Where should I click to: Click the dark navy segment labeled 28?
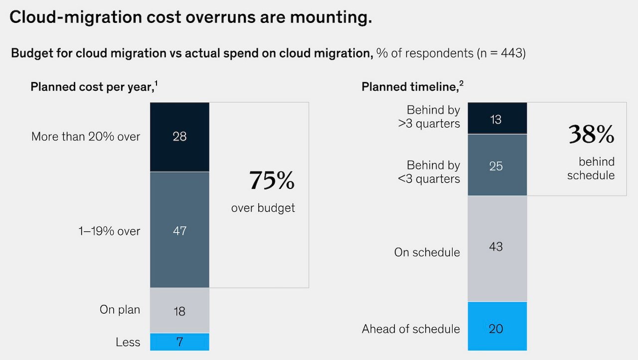click(179, 137)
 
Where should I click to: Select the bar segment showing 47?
click(179, 230)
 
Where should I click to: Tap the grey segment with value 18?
click(179, 311)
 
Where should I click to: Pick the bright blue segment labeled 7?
click(179, 342)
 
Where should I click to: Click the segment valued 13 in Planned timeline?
click(496, 119)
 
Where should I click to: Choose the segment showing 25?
click(496, 165)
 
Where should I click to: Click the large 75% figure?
click(272, 180)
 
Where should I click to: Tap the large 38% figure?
click(591, 134)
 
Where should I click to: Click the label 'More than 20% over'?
click(86, 137)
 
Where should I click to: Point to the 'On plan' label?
click(120, 309)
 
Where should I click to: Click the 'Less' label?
click(128, 342)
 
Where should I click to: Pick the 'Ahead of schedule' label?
click(411, 329)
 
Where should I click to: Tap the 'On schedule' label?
click(427, 252)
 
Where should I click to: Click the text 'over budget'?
click(263, 208)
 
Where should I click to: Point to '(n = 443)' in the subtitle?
click(500, 53)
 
